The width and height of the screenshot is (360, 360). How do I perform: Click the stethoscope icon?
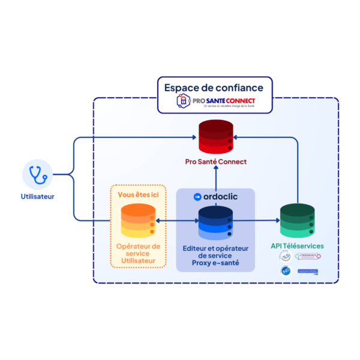click(38, 175)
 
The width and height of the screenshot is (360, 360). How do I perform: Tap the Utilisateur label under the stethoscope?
click(37, 196)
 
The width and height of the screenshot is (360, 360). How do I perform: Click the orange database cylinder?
click(137, 221)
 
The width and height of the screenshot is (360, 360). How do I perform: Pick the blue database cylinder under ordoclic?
click(215, 222)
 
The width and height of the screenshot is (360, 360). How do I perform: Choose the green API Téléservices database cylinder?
click(297, 221)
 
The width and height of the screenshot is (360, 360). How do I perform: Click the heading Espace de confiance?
click(214, 87)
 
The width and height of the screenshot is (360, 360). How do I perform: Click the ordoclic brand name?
click(220, 197)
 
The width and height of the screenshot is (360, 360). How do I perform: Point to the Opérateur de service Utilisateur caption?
click(137, 253)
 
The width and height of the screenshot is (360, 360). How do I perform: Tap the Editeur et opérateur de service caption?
click(215, 253)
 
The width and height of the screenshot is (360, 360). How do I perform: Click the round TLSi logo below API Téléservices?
click(285, 257)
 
